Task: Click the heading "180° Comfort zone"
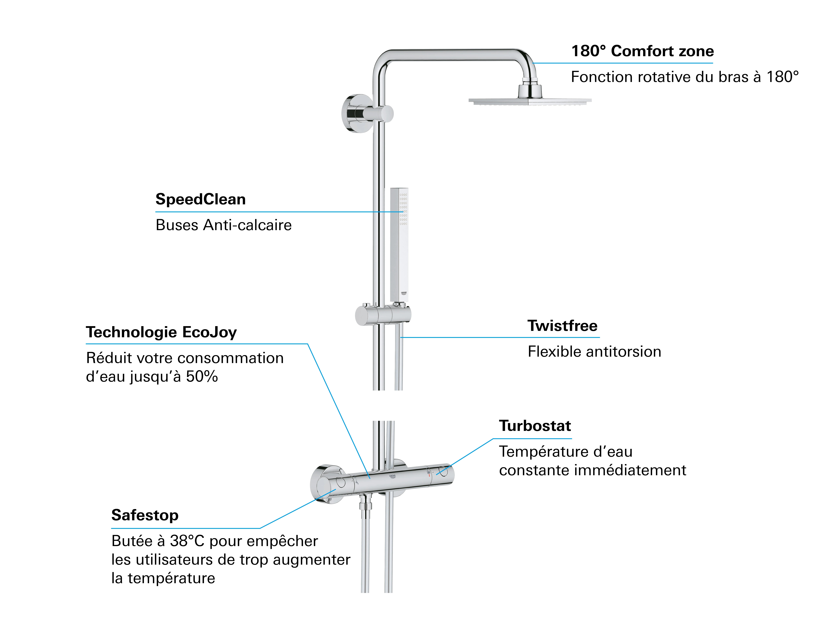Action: pos(642,51)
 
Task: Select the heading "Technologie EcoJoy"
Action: pos(161,332)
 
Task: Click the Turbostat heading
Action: pos(535,426)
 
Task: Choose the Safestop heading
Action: pos(145,515)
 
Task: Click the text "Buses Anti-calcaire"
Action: pos(224,225)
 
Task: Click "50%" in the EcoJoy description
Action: pos(202,377)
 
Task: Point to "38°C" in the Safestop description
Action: pos(187,541)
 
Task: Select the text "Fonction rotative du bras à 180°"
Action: pos(685,77)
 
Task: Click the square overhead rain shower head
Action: pos(530,100)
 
